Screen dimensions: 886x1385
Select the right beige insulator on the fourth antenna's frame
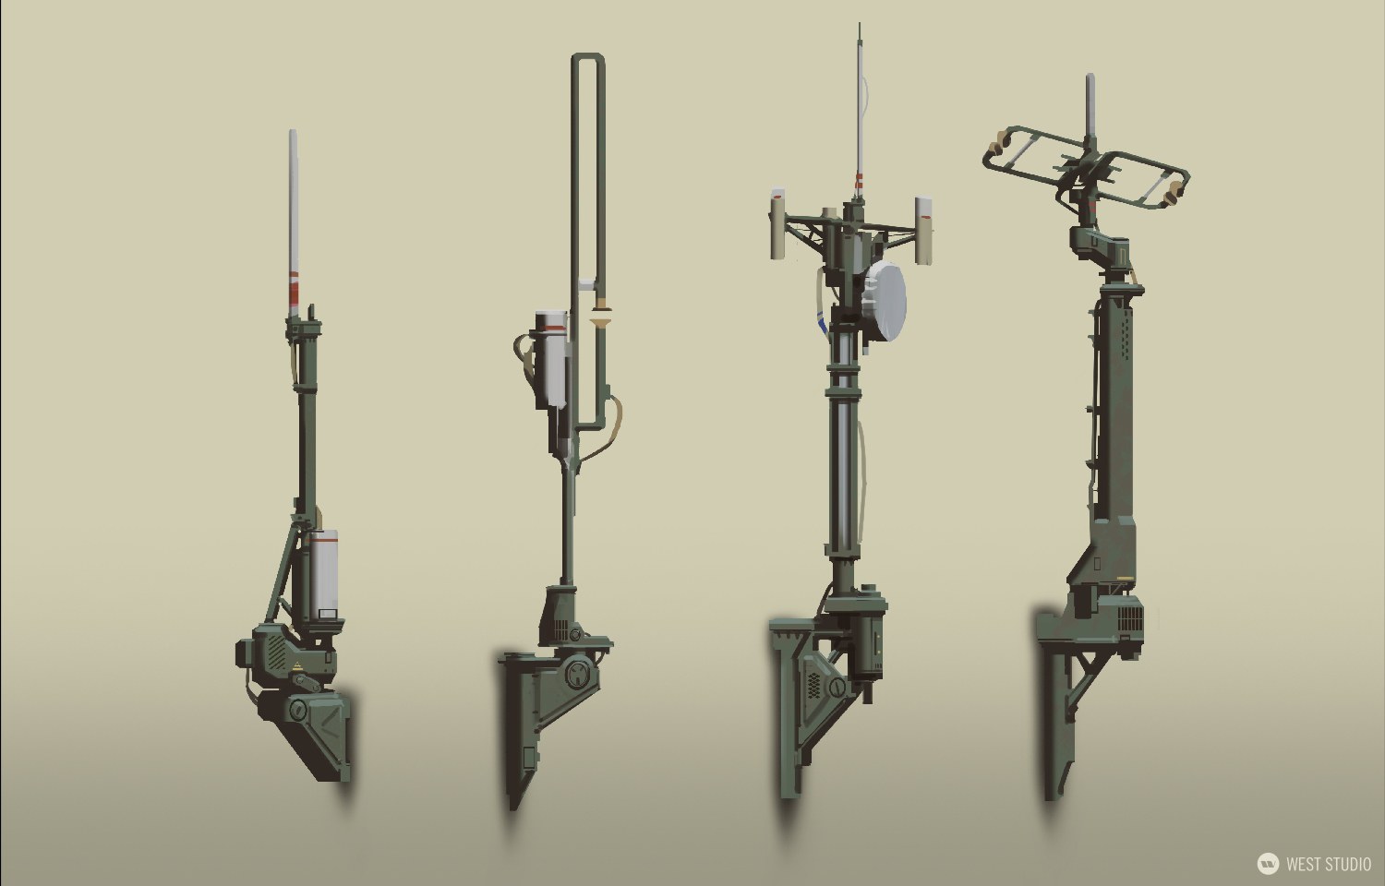[x=1171, y=192]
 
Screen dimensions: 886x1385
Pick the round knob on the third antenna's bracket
[x=837, y=688]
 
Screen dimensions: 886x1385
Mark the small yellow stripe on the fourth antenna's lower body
[x=1123, y=579]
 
